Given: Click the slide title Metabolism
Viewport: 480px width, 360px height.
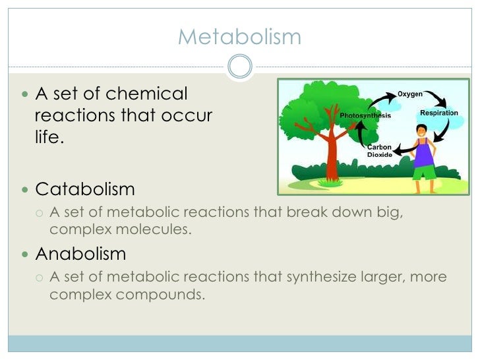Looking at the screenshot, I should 239,36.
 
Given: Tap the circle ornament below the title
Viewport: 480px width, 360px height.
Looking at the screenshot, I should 239,67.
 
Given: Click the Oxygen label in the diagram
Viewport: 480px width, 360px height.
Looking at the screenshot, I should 410,94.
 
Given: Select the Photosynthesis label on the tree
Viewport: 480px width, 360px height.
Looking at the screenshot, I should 365,116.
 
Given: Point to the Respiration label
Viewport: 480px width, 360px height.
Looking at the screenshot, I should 439,113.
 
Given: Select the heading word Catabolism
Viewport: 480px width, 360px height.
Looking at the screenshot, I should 85,190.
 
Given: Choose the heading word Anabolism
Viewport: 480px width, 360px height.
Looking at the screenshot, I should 80,253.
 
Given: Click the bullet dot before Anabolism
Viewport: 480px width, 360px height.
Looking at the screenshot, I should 25,254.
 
